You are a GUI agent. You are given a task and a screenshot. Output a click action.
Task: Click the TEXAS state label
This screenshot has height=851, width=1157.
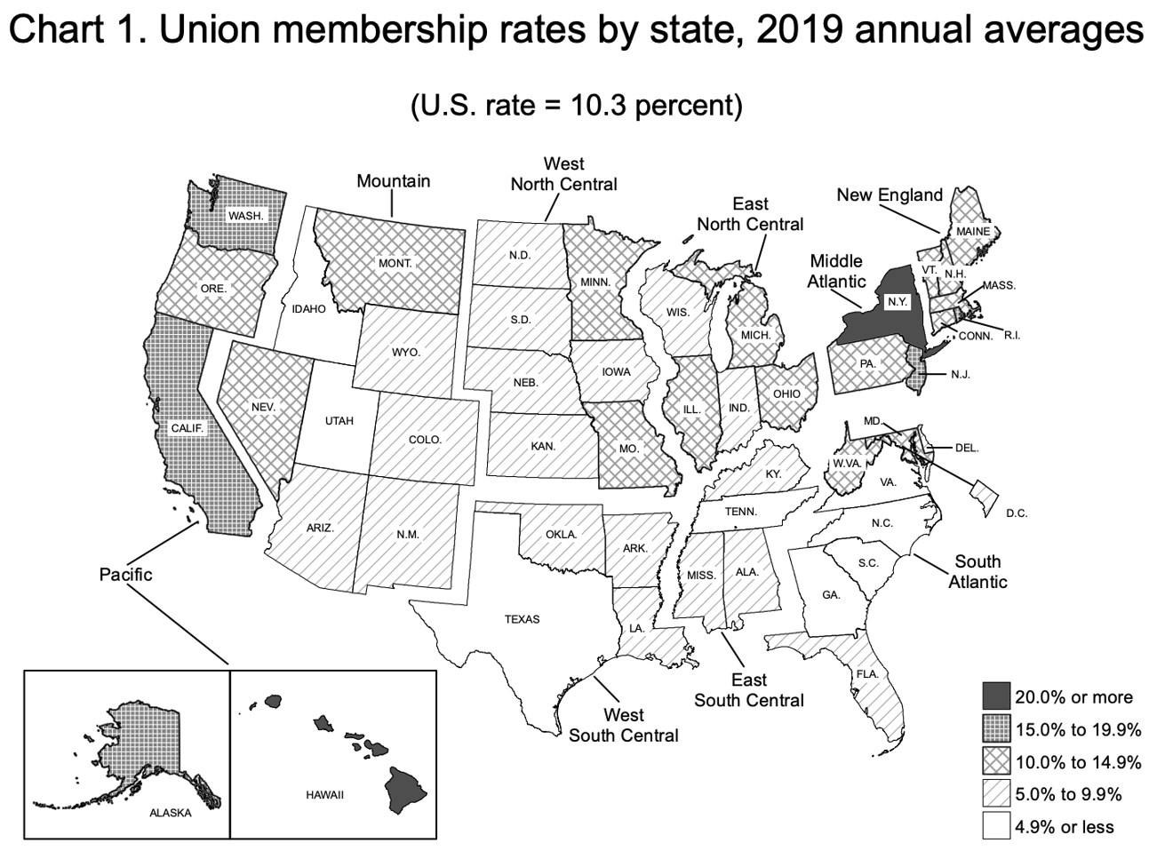point(522,619)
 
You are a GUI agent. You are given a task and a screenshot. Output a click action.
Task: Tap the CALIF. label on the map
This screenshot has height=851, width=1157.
point(188,428)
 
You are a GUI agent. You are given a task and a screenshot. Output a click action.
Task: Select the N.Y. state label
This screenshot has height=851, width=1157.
point(898,302)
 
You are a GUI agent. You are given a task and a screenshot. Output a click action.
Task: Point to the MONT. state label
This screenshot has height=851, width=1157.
point(395,264)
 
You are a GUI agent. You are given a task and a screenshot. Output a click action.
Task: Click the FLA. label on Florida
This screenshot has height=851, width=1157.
point(867,674)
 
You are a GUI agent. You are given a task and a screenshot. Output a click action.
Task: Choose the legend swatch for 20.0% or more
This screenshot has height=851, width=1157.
point(995,697)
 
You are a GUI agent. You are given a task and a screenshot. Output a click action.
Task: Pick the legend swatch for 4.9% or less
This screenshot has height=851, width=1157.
point(995,827)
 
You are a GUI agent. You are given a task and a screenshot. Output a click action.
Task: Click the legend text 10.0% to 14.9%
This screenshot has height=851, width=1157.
point(1078,762)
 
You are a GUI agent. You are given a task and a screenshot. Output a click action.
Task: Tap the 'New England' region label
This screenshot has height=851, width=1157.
point(889,195)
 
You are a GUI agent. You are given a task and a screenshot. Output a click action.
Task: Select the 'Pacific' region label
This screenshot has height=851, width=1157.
point(125,575)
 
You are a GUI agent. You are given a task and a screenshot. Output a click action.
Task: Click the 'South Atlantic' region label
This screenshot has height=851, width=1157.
point(977,571)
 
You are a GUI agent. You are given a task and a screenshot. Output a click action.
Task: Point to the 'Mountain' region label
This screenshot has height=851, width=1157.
point(393,181)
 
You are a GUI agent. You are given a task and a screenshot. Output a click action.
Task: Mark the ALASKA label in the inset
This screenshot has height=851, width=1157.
point(170,813)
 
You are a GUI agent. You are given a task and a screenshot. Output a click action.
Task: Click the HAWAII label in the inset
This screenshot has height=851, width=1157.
point(324,794)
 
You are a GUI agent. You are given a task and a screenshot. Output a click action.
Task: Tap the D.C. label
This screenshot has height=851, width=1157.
point(1017,513)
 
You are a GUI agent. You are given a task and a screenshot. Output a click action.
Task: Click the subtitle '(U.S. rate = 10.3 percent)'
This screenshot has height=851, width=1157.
point(576,105)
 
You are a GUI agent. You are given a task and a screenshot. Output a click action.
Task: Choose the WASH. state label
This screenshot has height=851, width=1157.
point(245,216)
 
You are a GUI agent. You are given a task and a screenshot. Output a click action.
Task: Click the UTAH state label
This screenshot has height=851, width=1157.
point(339,420)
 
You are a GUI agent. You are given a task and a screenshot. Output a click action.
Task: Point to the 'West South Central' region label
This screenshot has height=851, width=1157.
point(623,725)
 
